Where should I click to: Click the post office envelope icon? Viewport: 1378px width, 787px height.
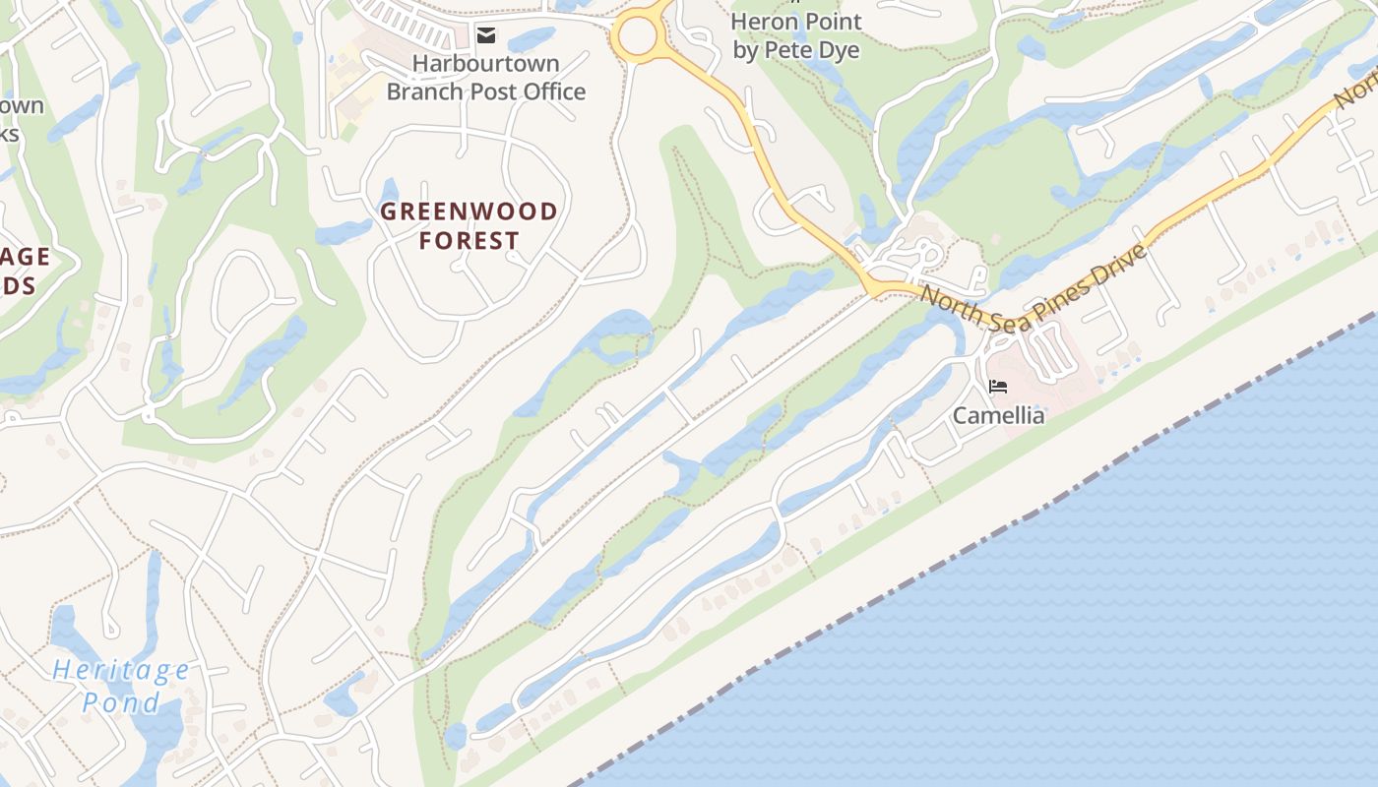pos(486,35)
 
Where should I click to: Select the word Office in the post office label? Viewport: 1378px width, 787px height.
pos(547,92)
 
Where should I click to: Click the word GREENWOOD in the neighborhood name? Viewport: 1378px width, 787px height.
pos(469,212)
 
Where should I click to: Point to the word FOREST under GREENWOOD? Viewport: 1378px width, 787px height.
pos(470,241)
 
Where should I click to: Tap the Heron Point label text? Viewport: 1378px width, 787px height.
pos(796,22)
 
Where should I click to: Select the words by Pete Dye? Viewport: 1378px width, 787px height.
pos(796,50)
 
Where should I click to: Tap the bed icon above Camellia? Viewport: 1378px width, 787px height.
pos(998,387)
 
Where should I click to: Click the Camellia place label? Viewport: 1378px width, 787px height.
pos(998,415)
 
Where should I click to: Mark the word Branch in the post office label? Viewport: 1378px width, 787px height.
pos(428,92)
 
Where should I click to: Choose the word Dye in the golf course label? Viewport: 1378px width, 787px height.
pos(839,50)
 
